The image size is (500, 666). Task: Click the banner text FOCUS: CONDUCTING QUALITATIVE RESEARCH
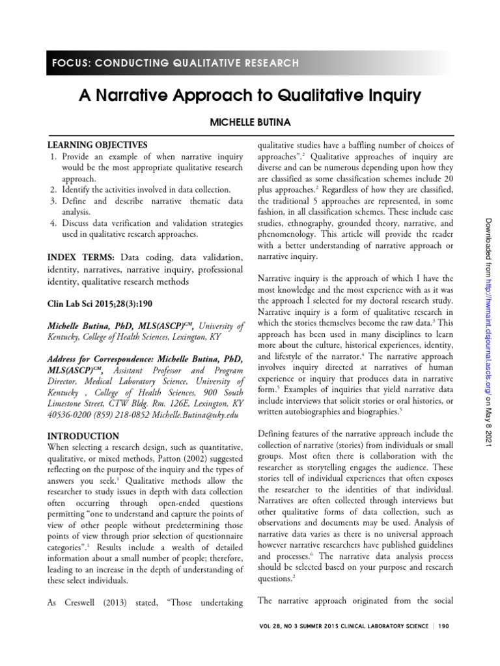click(x=174, y=63)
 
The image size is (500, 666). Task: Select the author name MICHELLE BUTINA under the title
click(x=250, y=124)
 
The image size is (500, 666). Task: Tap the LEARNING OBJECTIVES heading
click(x=97, y=145)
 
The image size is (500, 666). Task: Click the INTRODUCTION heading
click(x=83, y=436)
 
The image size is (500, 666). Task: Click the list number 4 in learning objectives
click(x=52, y=224)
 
